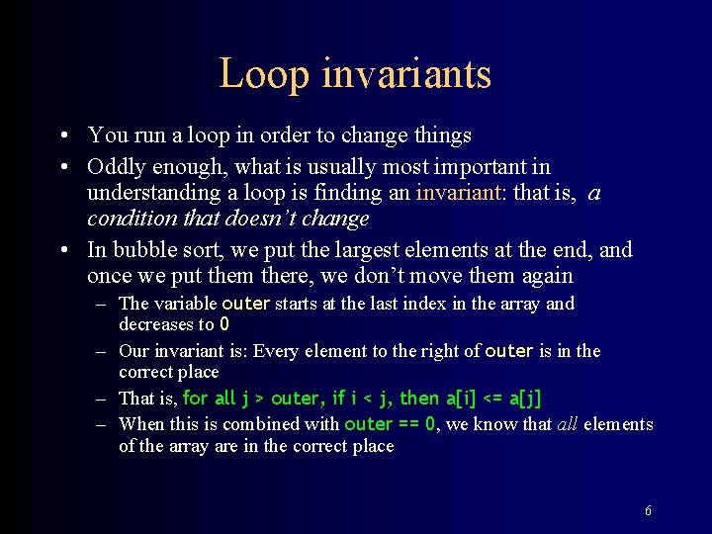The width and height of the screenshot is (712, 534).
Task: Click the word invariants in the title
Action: pyautogui.click(x=400, y=73)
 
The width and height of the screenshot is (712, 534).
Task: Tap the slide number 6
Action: pyautogui.click(x=648, y=511)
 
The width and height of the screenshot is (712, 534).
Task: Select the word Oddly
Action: pyautogui.click(x=114, y=167)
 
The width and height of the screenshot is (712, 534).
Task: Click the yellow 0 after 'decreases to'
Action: pyautogui.click(x=224, y=324)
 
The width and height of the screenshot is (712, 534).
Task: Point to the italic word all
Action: pyautogui.click(x=567, y=424)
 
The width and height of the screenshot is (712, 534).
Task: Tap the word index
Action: pyautogui.click(x=424, y=304)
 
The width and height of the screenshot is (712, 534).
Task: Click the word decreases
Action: pyautogui.click(x=156, y=324)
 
